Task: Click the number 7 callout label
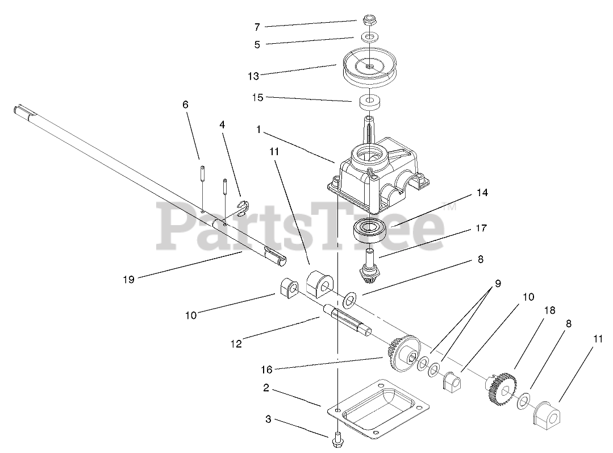click(257, 27)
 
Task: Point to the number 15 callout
click(257, 98)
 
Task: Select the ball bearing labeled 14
click(369, 230)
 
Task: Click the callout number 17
click(481, 229)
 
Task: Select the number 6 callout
click(185, 105)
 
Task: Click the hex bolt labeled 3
click(337, 438)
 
